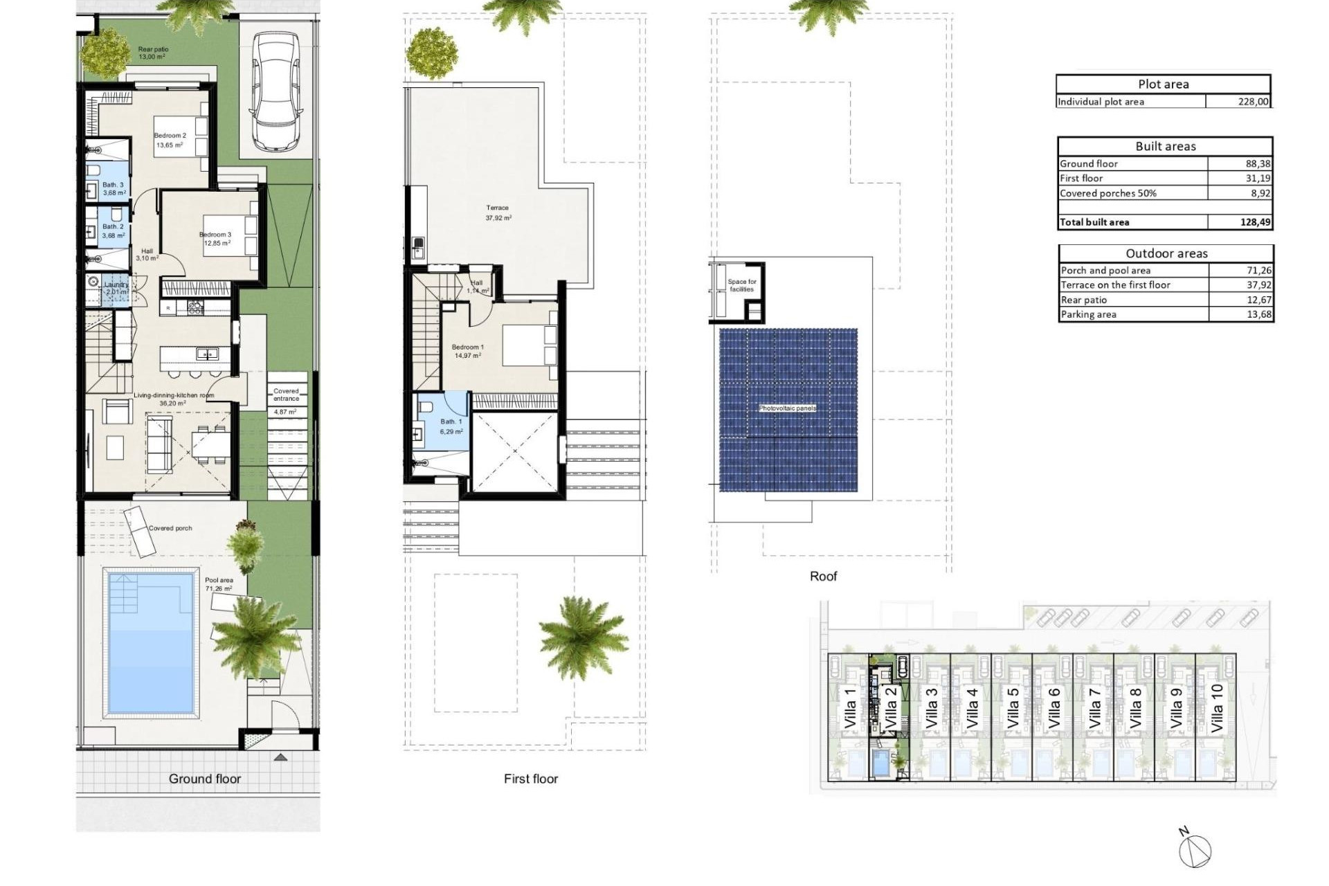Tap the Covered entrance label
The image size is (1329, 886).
point(286,395)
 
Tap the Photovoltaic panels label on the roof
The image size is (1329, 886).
point(788,408)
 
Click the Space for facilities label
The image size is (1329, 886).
point(742,285)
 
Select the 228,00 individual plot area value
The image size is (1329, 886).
point(1253,102)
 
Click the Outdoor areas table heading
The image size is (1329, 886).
point(1166,253)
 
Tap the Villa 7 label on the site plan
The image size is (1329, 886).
point(1094,707)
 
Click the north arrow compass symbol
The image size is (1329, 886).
point(1196,849)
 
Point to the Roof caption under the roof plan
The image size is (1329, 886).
point(823,576)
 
